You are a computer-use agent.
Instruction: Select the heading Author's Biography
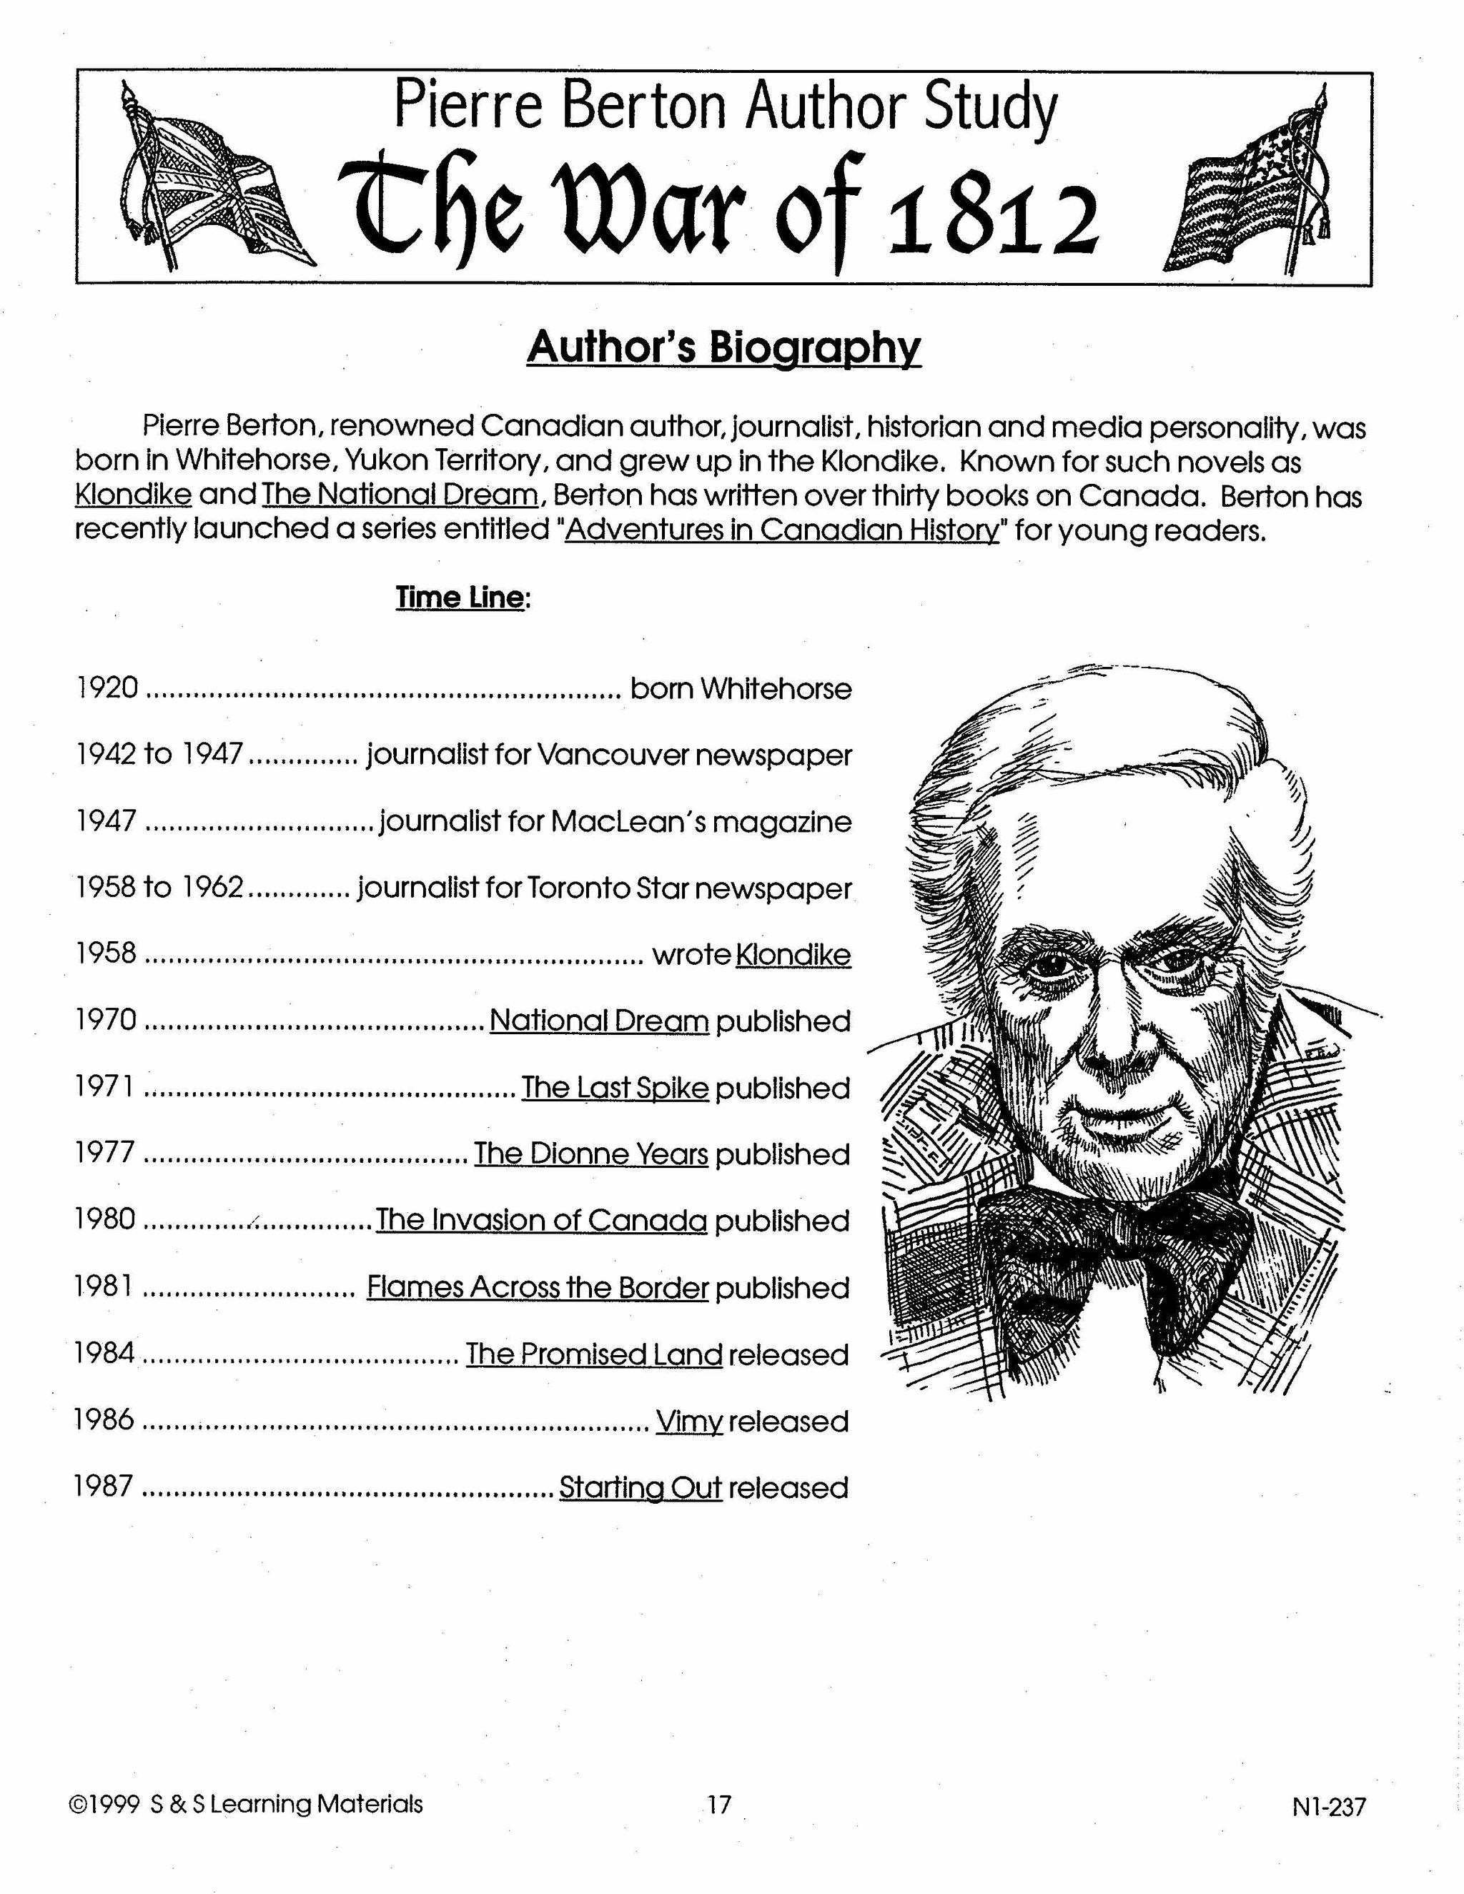[723, 348]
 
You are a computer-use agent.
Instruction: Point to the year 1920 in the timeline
[107, 688]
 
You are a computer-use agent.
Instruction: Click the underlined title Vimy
[690, 1422]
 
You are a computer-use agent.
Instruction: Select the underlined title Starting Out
[640, 1488]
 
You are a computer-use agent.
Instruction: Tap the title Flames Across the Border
[538, 1288]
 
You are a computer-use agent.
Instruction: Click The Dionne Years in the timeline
[590, 1154]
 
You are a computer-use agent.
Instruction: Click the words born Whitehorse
[741, 688]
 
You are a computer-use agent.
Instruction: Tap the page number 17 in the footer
[719, 1805]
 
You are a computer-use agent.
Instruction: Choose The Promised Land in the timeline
[594, 1354]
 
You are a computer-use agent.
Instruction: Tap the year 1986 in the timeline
[105, 1421]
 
